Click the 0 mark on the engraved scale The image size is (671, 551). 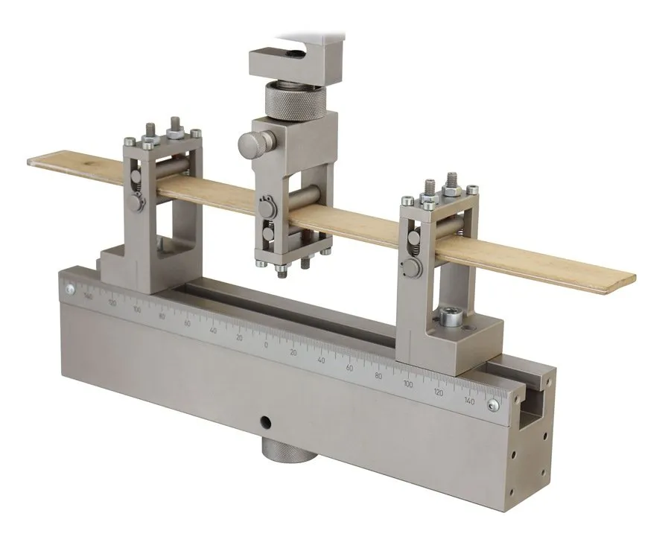(x=266, y=345)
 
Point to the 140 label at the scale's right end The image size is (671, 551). (x=468, y=401)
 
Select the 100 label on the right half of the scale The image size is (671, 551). (x=407, y=385)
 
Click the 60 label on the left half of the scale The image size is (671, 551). (x=187, y=323)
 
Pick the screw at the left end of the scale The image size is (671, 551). (x=69, y=289)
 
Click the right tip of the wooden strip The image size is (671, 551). (x=633, y=278)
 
